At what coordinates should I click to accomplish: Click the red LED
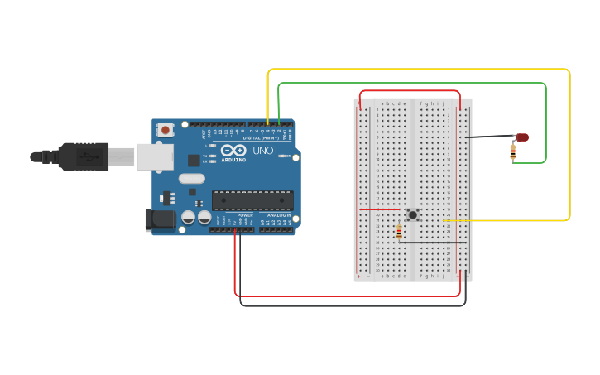[521, 137]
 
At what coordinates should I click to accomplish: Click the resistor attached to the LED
[513, 151]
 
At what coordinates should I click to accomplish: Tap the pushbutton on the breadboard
[411, 214]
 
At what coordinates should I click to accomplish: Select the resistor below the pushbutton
[400, 232]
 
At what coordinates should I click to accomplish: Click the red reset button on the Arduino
[166, 130]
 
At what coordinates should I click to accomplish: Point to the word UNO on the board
[262, 151]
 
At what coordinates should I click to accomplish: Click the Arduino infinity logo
[233, 151]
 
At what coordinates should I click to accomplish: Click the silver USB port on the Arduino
[155, 156]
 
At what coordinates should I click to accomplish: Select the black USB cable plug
[83, 156]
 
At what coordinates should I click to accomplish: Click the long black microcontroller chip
[252, 200]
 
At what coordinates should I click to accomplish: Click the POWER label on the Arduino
[245, 215]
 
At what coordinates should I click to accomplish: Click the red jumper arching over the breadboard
[410, 90]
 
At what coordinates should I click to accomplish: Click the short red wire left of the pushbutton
[379, 209]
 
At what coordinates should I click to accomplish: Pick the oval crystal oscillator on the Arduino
[191, 178]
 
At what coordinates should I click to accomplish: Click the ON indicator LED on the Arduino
[281, 156]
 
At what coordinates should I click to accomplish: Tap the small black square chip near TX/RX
[194, 161]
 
